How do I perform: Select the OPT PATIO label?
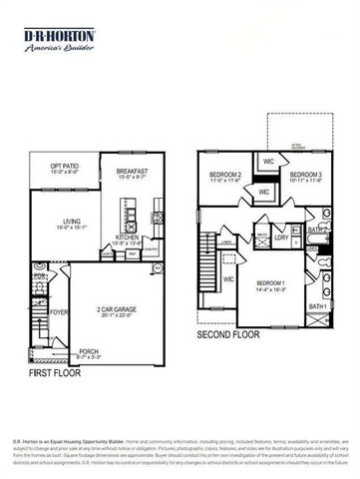50,167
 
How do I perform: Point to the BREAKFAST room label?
132,171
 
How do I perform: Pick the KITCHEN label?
128,238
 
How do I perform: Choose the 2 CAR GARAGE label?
116,309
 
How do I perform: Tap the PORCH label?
89,350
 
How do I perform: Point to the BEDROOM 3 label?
305,175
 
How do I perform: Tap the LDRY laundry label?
282,237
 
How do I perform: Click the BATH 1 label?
317,305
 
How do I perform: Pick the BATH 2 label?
316,230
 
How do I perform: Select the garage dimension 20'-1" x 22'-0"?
116,316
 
